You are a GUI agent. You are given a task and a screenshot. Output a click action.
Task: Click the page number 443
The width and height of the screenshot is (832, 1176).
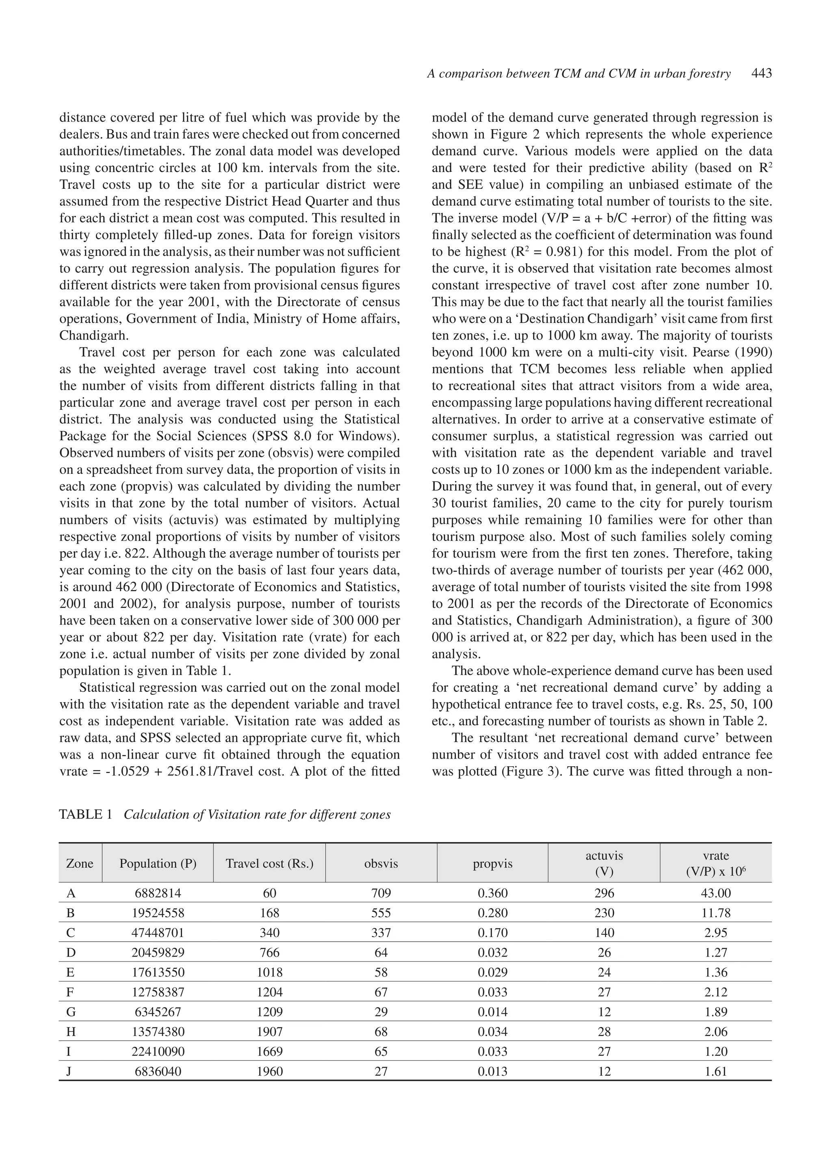761,74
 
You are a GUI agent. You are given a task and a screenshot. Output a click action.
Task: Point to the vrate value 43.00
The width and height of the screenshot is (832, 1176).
716,893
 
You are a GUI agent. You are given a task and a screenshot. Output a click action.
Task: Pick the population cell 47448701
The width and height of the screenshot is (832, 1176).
158,933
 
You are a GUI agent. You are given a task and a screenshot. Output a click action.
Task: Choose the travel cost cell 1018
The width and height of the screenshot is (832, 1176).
269,972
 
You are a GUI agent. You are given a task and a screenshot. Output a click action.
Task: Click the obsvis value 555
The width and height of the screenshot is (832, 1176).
381,913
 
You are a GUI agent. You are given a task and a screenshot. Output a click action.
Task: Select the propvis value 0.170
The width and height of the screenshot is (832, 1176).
492,933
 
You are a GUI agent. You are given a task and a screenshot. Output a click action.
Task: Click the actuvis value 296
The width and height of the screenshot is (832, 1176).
604,893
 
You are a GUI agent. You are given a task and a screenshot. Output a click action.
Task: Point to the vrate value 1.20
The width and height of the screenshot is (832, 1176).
716,1051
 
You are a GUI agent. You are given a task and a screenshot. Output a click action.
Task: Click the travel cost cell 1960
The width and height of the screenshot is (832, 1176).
269,1071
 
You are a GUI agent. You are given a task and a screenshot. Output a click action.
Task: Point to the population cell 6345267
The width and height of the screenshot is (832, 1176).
158,1012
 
